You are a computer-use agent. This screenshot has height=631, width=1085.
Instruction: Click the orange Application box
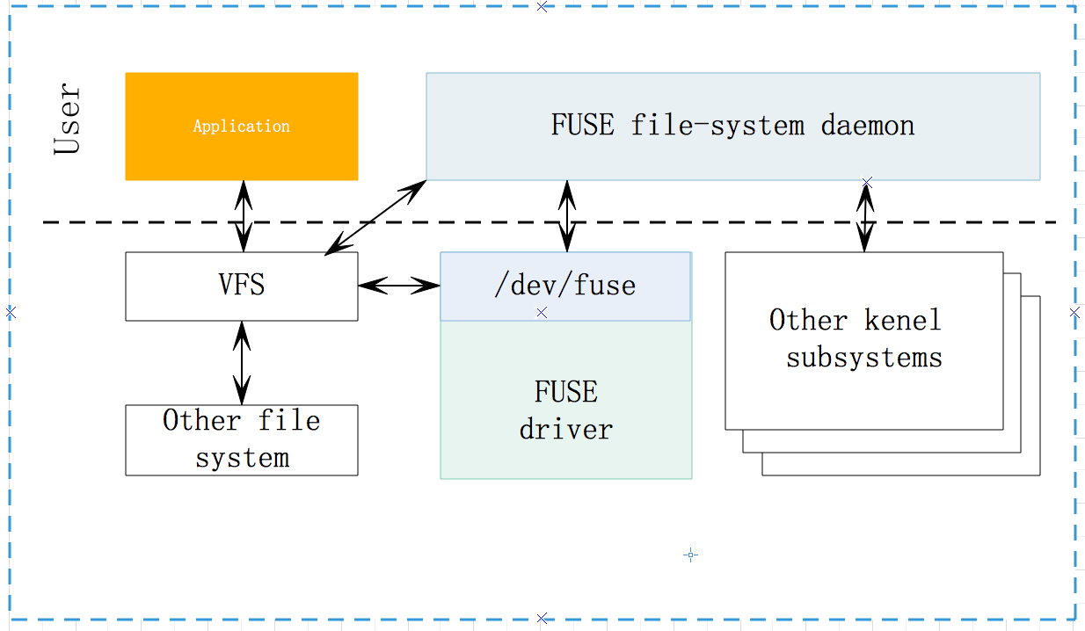pyautogui.click(x=241, y=127)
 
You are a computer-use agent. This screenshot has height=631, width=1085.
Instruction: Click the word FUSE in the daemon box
pyautogui.click(x=582, y=125)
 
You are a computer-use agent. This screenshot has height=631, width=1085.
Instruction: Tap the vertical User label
pyautogui.click(x=68, y=120)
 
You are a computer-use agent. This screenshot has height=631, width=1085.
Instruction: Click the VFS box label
pyautogui.click(x=241, y=286)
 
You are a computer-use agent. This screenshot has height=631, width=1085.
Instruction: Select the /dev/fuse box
pyautogui.click(x=564, y=286)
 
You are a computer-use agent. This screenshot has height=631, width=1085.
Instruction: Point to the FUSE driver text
pyautogui.click(x=565, y=410)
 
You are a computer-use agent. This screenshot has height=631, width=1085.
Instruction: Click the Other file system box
pyautogui.click(x=241, y=439)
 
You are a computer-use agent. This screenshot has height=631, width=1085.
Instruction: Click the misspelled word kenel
pyautogui.click(x=902, y=320)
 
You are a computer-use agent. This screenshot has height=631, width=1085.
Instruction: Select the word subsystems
pyautogui.click(x=863, y=358)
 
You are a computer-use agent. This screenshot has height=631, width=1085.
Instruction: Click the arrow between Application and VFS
pyautogui.click(x=243, y=216)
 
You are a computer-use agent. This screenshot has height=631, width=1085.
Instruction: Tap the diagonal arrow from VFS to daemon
pyautogui.click(x=375, y=218)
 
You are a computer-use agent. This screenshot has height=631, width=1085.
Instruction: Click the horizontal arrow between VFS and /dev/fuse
pyautogui.click(x=398, y=285)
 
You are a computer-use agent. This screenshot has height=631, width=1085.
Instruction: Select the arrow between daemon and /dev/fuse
pyautogui.click(x=566, y=216)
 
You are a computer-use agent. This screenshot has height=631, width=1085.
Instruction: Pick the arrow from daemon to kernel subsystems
pyautogui.click(x=866, y=217)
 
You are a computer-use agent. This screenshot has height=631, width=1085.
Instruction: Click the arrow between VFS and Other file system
pyautogui.click(x=242, y=362)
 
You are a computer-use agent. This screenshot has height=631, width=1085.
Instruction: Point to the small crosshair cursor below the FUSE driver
pyautogui.click(x=690, y=555)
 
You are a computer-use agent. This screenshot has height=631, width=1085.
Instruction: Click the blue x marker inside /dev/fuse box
pyautogui.click(x=542, y=313)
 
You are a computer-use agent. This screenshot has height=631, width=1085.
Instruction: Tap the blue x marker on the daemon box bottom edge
pyautogui.click(x=867, y=182)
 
